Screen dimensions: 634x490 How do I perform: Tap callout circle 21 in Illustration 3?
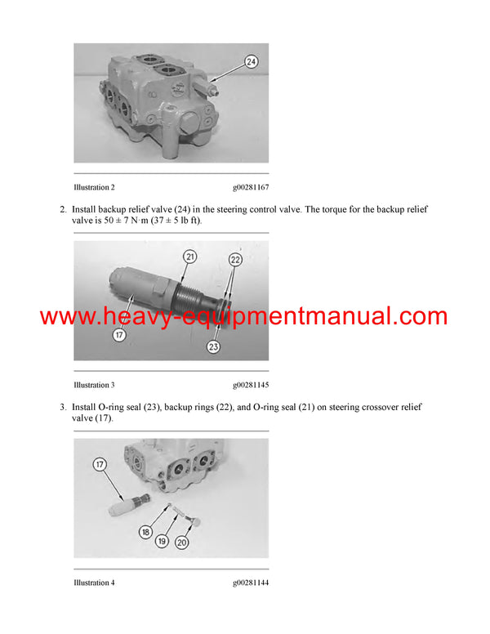point(189,257)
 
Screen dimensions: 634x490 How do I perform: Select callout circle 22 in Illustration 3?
point(236,259)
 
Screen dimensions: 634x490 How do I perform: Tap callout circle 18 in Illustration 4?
point(145,531)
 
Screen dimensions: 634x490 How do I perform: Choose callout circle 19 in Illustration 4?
point(163,541)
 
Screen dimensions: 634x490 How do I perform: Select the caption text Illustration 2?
point(94,187)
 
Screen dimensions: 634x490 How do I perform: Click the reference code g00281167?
point(250,187)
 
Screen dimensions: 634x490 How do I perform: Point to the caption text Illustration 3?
point(94,385)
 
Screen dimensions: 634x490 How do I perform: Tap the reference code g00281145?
point(250,385)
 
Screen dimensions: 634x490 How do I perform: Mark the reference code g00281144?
point(250,583)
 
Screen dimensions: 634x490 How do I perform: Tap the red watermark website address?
point(244,316)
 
